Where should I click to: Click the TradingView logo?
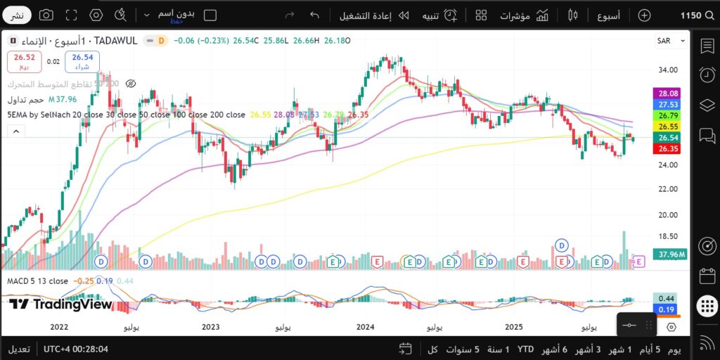[61, 304]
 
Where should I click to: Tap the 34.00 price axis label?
[669, 70]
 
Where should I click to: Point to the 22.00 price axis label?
[669, 189]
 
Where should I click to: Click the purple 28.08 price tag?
[667, 93]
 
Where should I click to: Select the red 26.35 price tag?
[667, 148]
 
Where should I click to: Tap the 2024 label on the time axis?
[365, 327]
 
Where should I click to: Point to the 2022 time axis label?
[59, 327]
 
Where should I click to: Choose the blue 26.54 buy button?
[82, 62]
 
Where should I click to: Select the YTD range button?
[525, 349]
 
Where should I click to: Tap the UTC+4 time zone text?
[75, 349]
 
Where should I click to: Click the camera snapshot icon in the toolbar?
[46, 15]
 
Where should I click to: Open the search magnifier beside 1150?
[709, 15]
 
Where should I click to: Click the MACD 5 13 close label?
[37, 281]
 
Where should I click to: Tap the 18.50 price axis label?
[669, 237]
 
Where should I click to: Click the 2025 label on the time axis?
[514, 327]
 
